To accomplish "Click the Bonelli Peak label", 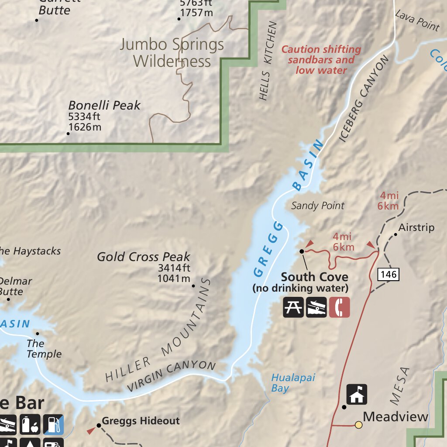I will coord(104,105).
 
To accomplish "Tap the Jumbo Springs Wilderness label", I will coord(172,52).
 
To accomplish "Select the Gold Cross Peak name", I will coord(143,257).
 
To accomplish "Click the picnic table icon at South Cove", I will coord(293,307).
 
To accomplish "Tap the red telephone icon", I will coord(339,307).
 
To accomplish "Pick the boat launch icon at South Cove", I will coord(316,307).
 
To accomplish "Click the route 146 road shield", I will coord(388,274).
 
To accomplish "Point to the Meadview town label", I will coord(395,417).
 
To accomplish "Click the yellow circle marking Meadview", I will coord(358,425).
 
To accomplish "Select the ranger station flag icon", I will coord(357,395).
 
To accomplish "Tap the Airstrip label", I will coord(416,227).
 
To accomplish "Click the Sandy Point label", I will coord(318,206).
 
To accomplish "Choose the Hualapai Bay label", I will coord(293,382).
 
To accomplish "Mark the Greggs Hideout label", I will coord(141,421).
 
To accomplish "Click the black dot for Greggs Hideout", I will coord(99,425).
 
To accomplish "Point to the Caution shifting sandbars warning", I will coord(321,60).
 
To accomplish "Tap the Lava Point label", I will coord(417,21).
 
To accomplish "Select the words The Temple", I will coord(44,349).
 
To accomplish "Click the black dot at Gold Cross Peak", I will coord(193,286).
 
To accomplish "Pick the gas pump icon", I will coord(53,425).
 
